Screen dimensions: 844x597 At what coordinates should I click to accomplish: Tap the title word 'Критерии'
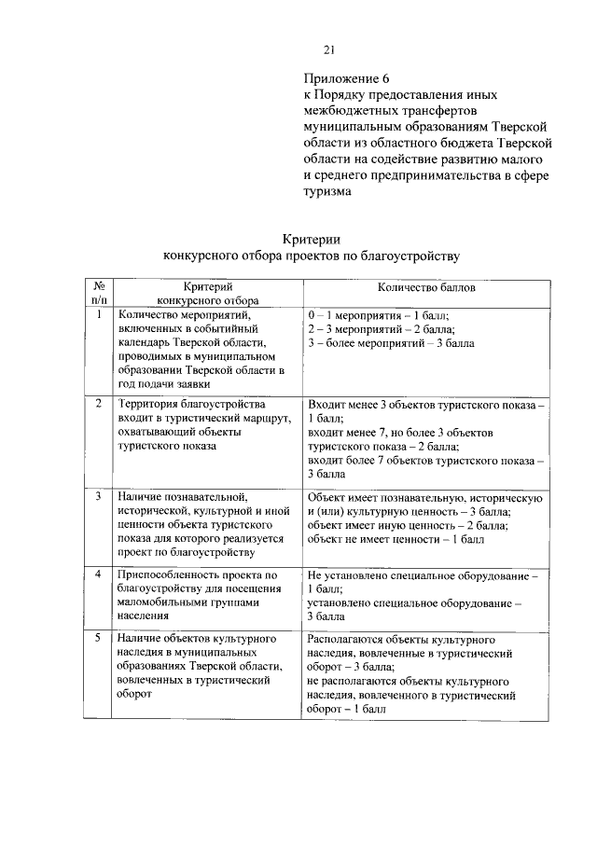[311, 238]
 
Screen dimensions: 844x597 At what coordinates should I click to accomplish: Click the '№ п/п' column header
[98, 294]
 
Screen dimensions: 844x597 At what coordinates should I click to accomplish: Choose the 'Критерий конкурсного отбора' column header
[207, 294]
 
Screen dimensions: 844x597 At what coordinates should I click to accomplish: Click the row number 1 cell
[98, 314]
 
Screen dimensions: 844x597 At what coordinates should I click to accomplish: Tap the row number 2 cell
[98, 405]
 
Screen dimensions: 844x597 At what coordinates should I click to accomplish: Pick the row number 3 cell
[98, 496]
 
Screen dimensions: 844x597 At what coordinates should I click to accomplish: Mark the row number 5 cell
[98, 641]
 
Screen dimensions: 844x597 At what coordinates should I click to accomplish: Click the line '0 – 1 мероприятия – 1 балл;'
[378, 316]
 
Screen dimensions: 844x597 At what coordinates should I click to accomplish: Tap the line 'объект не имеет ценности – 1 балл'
[396, 539]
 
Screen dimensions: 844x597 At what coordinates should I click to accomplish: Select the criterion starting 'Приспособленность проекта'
[199, 596]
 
